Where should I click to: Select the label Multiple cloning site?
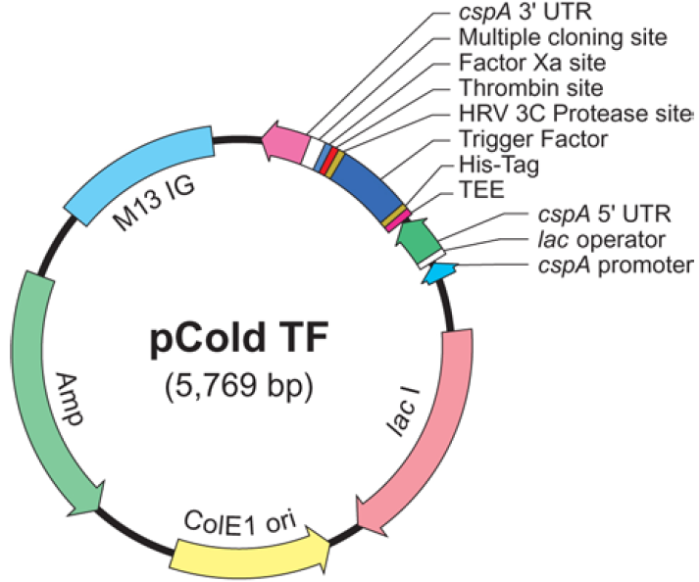[563, 38]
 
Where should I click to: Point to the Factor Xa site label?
[532, 63]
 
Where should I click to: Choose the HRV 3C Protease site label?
[575, 113]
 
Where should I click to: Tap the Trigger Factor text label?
[532, 138]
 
